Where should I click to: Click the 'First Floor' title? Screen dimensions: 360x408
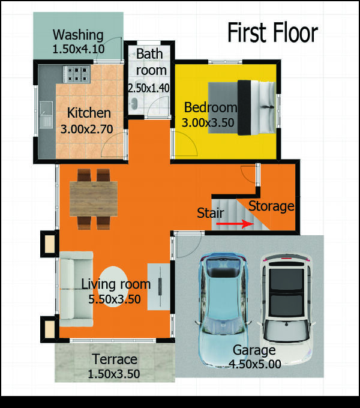tap(272, 32)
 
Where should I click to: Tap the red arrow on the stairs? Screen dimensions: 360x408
tap(235, 224)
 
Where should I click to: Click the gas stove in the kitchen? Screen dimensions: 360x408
tap(77, 74)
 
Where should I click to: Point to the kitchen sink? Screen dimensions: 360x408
tap(46, 115)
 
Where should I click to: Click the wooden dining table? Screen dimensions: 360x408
tap(94, 199)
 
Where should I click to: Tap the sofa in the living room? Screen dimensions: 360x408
tap(76, 289)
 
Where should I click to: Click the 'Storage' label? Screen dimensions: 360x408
tap(271, 206)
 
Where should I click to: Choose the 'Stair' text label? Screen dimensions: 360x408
tap(211, 213)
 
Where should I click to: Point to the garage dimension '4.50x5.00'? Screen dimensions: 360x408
tap(255, 364)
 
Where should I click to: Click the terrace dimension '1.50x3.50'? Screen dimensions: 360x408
tap(114, 374)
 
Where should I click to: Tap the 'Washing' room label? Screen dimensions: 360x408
tap(78, 35)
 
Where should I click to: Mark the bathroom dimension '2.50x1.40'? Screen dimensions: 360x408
tap(149, 88)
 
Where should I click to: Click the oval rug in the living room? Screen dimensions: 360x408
tap(114, 287)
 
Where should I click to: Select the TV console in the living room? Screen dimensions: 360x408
tap(159, 287)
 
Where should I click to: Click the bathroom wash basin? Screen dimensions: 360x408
tap(134, 104)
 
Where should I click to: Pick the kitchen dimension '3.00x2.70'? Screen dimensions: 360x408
tap(86, 129)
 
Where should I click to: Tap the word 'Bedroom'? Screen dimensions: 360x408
tap(211, 107)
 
